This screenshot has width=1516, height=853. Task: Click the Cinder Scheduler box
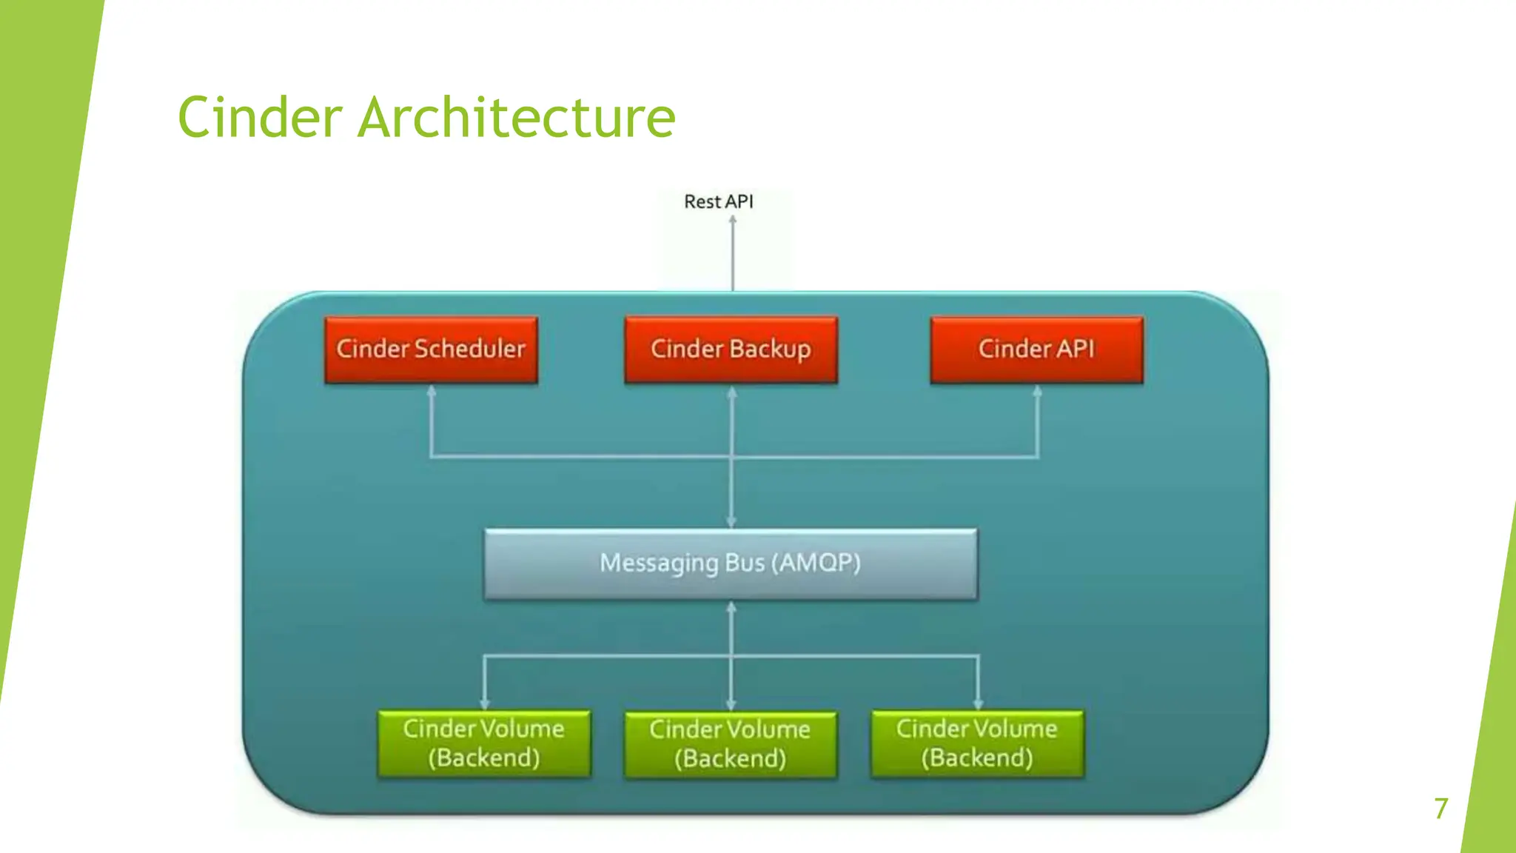431,349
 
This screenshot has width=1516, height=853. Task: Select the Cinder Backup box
731,349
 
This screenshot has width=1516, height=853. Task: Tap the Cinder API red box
1036,349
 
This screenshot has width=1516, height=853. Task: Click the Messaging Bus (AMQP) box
731,563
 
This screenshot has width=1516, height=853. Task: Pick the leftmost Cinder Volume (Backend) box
484,743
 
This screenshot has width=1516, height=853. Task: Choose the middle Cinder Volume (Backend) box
731,744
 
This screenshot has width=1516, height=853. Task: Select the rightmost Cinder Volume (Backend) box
977,743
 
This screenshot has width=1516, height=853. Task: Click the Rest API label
718,201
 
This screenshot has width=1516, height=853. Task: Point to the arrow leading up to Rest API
733,252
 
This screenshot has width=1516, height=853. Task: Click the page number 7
1440,808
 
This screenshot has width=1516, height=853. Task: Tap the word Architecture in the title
516,118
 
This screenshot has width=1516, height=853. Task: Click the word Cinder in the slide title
260,118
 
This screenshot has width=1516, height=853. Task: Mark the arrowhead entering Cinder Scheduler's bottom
432,391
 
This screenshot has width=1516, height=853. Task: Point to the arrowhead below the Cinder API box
1037,391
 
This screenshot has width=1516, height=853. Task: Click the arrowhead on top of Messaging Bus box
731,523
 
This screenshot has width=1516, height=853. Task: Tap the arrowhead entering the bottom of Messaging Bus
731,607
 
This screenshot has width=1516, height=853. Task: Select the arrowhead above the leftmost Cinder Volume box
485,704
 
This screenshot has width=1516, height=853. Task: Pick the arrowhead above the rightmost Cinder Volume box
979,704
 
